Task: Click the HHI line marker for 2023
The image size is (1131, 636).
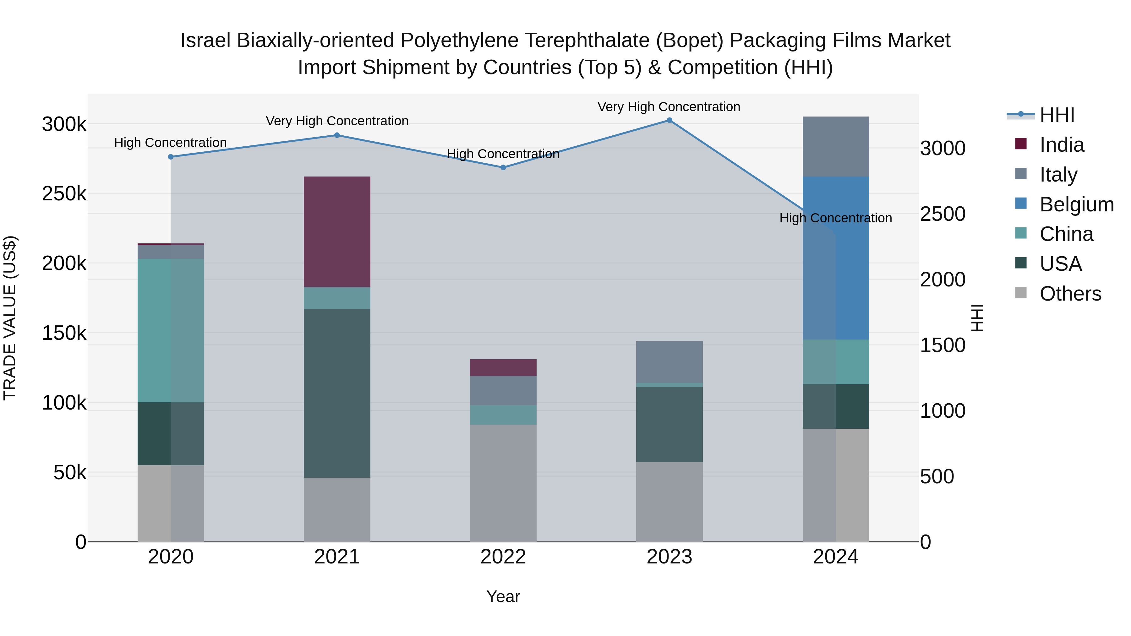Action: click(669, 120)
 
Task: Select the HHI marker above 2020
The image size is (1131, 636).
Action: click(171, 157)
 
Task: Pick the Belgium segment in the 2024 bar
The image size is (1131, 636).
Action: click(835, 258)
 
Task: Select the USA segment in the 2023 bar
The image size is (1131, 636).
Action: click(669, 424)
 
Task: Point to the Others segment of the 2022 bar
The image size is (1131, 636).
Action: click(503, 483)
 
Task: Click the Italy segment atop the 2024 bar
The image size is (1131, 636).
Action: click(835, 147)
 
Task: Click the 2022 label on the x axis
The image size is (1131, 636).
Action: click(503, 557)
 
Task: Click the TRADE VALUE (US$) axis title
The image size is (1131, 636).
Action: click(10, 318)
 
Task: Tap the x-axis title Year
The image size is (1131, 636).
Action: click(503, 596)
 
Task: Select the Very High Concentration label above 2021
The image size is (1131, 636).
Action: click(337, 121)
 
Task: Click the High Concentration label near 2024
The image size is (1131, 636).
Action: click(835, 218)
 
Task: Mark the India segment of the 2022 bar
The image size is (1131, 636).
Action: click(503, 367)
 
